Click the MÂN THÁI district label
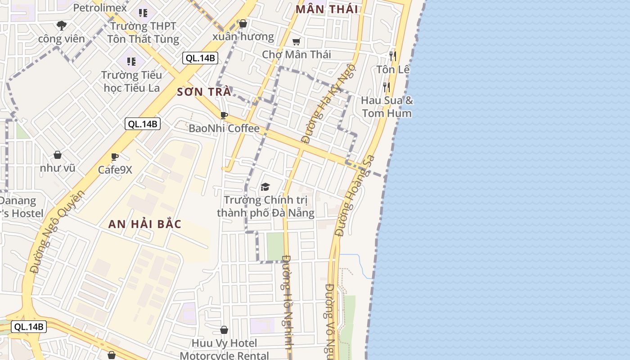click(327, 9)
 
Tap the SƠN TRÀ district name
click(204, 92)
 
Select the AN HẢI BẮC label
click(145, 224)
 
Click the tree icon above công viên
click(62, 25)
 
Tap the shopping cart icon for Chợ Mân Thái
click(296, 42)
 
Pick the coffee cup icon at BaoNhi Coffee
click(224, 116)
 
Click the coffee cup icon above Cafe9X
click(115, 157)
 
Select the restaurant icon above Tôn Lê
click(393, 56)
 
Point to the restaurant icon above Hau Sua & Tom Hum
click(387, 86)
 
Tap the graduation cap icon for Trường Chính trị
click(265, 187)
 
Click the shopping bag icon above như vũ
click(58, 155)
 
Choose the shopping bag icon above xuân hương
click(243, 23)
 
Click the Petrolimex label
click(95, 8)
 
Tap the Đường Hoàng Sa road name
click(355, 196)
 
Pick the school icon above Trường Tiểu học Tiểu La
click(131, 61)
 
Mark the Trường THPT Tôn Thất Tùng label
click(143, 33)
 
